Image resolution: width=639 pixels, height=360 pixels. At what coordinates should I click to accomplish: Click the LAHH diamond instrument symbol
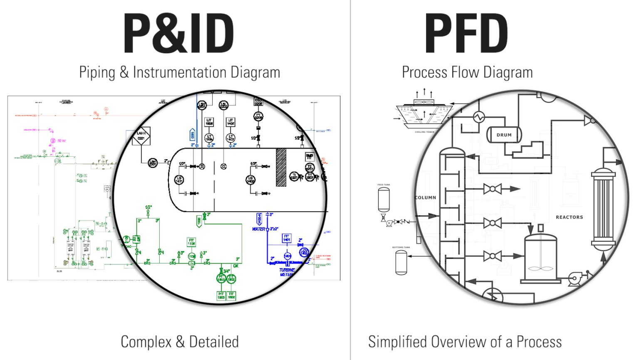point(141,136)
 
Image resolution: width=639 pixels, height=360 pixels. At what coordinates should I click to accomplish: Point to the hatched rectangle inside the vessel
point(281,167)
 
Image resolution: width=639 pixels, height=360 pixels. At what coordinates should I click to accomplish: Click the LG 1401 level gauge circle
point(179,180)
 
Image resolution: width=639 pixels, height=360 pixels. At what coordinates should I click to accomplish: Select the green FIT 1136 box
point(191,242)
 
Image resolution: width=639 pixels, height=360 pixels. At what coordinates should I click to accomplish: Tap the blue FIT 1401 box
point(287,238)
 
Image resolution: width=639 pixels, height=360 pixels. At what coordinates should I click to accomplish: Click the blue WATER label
point(258,229)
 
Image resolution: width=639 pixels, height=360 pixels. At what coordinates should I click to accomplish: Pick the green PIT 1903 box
point(221,296)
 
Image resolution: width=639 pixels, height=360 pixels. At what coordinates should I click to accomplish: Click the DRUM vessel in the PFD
point(504,135)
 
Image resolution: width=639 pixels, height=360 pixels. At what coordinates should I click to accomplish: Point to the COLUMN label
point(425,197)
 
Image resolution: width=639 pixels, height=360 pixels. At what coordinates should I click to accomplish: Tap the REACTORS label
point(569,217)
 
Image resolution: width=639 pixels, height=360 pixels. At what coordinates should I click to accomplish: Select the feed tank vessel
point(384,200)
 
